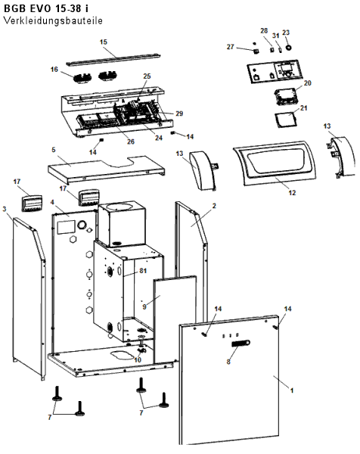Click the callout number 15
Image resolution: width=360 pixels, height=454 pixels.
tap(104, 42)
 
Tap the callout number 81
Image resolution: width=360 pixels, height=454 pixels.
tap(143, 271)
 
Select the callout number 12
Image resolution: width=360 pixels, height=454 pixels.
tap(292, 192)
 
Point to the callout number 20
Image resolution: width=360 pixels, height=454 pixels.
tap(307, 82)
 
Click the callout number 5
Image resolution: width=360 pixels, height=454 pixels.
tap(54, 150)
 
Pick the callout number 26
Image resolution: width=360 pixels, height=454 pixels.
tap(131, 141)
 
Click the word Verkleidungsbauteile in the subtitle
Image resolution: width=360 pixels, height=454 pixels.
tap(53, 20)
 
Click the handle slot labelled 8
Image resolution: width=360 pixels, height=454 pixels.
tap(241, 344)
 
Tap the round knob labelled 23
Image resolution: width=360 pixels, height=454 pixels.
tap(288, 48)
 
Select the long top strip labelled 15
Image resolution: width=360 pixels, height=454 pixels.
tap(113, 58)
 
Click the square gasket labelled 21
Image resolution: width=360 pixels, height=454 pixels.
tap(287, 120)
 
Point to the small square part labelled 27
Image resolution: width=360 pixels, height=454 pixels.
tap(256, 51)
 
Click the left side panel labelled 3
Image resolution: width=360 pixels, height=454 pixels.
tap(29, 298)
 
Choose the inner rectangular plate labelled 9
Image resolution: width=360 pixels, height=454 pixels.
tap(175, 319)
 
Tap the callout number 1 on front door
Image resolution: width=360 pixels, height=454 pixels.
tap(292, 390)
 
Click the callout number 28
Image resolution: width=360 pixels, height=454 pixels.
tap(264, 31)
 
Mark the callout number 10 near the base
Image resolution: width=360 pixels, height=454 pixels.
tap(138, 360)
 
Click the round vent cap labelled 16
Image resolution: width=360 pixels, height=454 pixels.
tap(82, 78)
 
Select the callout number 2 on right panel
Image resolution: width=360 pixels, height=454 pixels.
tap(214, 206)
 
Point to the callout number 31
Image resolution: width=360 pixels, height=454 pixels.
tap(276, 36)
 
